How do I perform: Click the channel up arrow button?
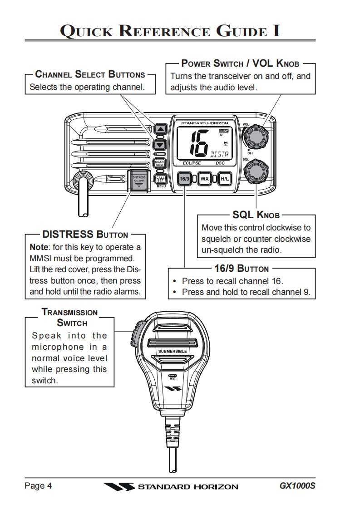click(x=160, y=129)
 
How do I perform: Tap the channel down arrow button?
click(x=160, y=145)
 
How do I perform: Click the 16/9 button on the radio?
click(x=184, y=179)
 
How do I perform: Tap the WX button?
click(x=205, y=179)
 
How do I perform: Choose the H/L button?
click(x=225, y=179)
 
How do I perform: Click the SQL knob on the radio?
click(x=255, y=171)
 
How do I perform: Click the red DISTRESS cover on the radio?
click(x=139, y=180)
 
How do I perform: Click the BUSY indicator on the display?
click(x=223, y=131)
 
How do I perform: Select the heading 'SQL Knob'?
click(x=256, y=214)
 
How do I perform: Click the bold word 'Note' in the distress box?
click(x=39, y=247)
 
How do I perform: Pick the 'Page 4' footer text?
click(x=38, y=486)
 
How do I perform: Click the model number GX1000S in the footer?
click(x=297, y=486)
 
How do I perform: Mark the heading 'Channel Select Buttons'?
click(x=90, y=74)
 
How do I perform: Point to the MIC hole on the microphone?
click(x=173, y=376)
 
